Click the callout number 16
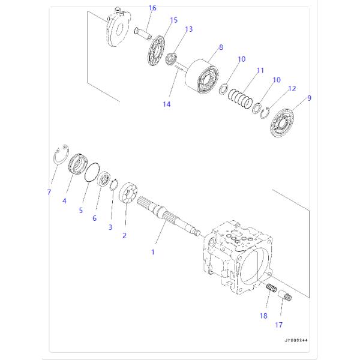152,8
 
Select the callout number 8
221,47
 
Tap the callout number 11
260,70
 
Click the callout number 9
309,97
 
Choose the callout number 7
49,193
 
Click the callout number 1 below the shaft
152,252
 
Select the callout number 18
262,314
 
